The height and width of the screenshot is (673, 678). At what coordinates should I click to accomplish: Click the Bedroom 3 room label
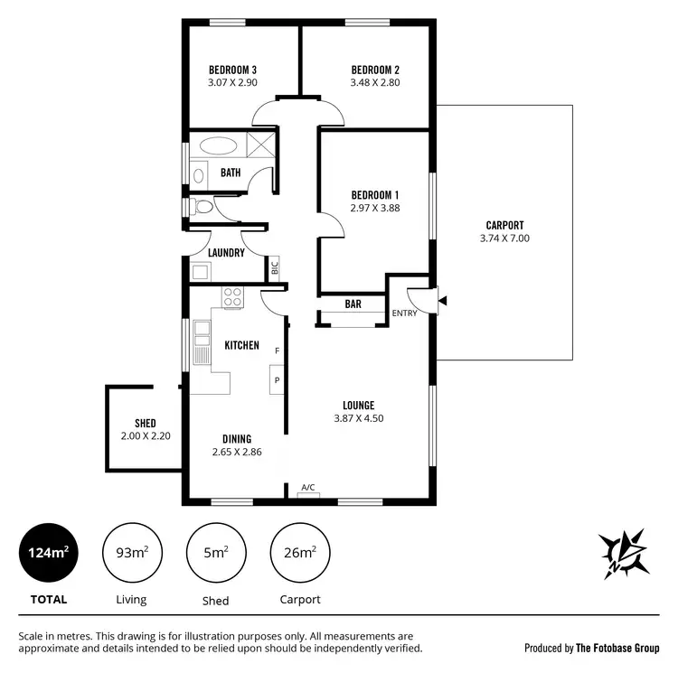pos(232,70)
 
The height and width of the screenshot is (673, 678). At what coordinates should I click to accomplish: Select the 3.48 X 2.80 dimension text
pos(375,82)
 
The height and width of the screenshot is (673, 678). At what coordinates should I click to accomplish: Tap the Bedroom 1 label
pos(375,195)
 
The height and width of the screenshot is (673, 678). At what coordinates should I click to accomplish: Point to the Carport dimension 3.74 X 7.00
pos(504,238)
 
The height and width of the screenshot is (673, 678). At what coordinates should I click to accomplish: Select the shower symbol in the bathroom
pos(261,145)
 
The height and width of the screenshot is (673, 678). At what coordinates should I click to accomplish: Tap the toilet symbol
pos(202,207)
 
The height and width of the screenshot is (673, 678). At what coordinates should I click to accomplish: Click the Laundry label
pos(226,253)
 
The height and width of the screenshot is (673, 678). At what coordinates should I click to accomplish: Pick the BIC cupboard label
pos(275,267)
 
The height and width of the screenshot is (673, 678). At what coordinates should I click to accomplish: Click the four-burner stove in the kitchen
pos(232,297)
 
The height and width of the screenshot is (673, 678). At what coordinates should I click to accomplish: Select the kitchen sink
pos(200,344)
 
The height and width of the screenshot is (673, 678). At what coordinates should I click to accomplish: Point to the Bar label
pos(353,304)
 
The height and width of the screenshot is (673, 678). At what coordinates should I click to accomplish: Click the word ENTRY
pos(403,313)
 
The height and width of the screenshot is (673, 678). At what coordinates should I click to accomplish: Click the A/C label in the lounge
pos(307,488)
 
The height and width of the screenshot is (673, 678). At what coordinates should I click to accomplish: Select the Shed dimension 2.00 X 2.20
pos(145,435)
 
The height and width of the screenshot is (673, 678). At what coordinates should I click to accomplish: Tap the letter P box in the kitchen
pos(276,380)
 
